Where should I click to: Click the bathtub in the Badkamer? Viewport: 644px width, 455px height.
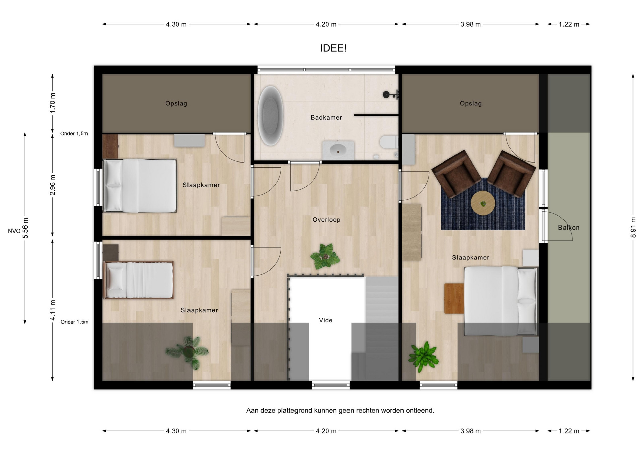(x=270, y=116)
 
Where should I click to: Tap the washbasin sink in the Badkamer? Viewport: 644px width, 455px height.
(x=338, y=150)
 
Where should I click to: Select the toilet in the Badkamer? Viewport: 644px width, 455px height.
(x=389, y=142)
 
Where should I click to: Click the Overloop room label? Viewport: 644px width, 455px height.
(x=326, y=220)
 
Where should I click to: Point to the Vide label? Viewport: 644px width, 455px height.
(x=326, y=320)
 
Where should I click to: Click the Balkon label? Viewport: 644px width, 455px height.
(x=569, y=227)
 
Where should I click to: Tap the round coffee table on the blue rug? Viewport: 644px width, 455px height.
(x=483, y=203)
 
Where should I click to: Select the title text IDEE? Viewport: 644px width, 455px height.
(x=333, y=48)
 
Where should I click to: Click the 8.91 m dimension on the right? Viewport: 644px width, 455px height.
(x=633, y=227)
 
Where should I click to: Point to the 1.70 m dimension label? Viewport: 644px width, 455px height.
(x=53, y=103)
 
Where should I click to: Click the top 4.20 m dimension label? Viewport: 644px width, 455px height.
(x=326, y=24)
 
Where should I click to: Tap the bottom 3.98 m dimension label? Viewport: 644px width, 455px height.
(x=470, y=431)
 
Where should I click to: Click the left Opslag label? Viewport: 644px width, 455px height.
(x=176, y=104)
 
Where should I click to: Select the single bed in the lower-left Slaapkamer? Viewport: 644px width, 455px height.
(x=138, y=280)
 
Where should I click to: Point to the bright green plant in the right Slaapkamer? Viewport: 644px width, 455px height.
(x=423, y=356)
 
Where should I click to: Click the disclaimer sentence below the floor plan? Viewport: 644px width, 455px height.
(x=340, y=410)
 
